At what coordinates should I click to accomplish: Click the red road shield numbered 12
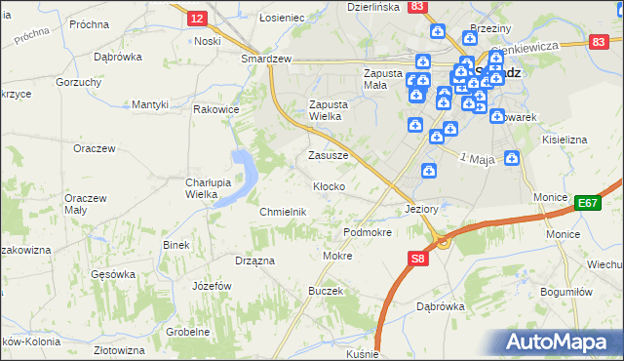point(197,19)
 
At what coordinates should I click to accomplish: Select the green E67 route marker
point(587,203)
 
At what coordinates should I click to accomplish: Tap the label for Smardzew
point(267,59)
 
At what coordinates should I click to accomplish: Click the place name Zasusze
point(328,155)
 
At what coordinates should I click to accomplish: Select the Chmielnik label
point(284,212)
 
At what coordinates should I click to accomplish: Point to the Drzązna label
point(254,261)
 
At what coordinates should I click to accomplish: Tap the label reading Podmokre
point(368,233)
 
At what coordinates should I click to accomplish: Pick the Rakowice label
point(216,110)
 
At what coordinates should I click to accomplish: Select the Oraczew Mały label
point(84,204)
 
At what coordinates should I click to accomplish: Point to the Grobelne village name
point(188,332)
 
